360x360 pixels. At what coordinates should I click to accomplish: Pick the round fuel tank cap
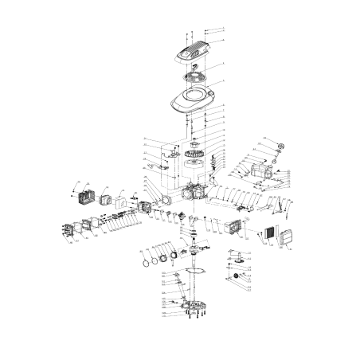point(280,146)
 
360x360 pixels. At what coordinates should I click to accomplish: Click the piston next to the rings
point(168,254)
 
